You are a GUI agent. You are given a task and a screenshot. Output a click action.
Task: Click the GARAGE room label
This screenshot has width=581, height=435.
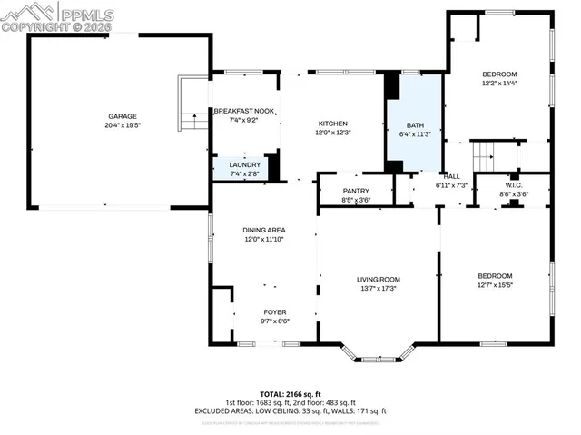(123, 116)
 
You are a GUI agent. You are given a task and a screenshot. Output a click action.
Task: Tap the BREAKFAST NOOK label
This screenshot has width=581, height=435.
(244, 111)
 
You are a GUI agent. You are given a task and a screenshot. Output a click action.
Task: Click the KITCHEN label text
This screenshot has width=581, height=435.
(333, 124)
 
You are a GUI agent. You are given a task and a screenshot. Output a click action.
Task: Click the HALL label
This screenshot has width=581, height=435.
(451, 176)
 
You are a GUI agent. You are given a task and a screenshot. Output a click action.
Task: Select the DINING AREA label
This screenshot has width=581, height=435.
(264, 231)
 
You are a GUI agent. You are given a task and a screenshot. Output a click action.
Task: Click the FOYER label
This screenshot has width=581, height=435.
(275, 311)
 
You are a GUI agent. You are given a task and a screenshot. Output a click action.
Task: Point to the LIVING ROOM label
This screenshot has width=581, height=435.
(379, 280)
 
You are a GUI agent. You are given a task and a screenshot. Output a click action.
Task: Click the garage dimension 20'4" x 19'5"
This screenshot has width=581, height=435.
(123, 125)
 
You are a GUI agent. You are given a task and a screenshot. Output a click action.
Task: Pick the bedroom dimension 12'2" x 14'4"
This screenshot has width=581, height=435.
(499, 84)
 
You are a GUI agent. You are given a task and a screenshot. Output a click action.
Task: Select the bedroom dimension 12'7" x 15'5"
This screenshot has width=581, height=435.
(496, 285)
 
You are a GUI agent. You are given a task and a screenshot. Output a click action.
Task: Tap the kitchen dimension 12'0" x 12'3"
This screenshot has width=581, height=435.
(333, 133)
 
